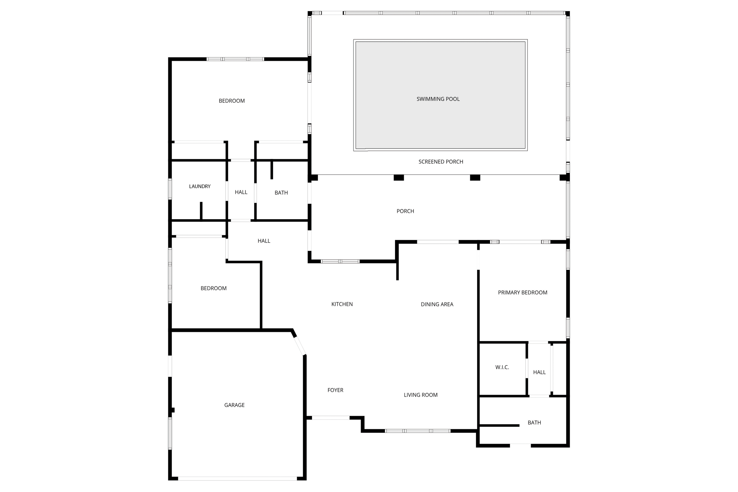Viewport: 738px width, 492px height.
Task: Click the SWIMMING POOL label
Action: (438, 99)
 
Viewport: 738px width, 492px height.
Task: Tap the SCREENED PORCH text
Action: (441, 162)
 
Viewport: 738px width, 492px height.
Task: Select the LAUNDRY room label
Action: (200, 186)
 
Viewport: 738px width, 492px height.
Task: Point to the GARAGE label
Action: (234, 405)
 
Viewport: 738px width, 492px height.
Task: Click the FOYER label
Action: (335, 390)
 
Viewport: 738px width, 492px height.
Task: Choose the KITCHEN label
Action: (342, 304)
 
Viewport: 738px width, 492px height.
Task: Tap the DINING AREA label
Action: (437, 304)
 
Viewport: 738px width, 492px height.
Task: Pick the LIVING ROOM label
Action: (421, 395)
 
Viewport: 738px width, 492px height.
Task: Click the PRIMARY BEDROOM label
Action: (523, 293)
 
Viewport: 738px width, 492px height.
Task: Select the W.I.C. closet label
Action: (502, 367)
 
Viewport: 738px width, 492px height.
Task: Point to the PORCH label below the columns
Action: (405, 211)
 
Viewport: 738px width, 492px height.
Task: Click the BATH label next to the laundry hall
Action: (281, 193)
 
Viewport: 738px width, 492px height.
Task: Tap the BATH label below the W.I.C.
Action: (534, 422)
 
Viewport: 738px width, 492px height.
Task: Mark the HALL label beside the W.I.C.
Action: (539, 372)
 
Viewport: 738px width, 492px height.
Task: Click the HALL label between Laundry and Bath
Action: (241, 192)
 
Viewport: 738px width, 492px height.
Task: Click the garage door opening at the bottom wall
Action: (237, 478)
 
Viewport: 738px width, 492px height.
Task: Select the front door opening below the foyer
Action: (330, 418)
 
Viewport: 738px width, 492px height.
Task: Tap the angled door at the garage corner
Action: (299, 346)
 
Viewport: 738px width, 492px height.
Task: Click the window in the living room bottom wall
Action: (418, 431)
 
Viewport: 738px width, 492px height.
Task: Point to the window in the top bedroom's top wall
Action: (235, 59)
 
